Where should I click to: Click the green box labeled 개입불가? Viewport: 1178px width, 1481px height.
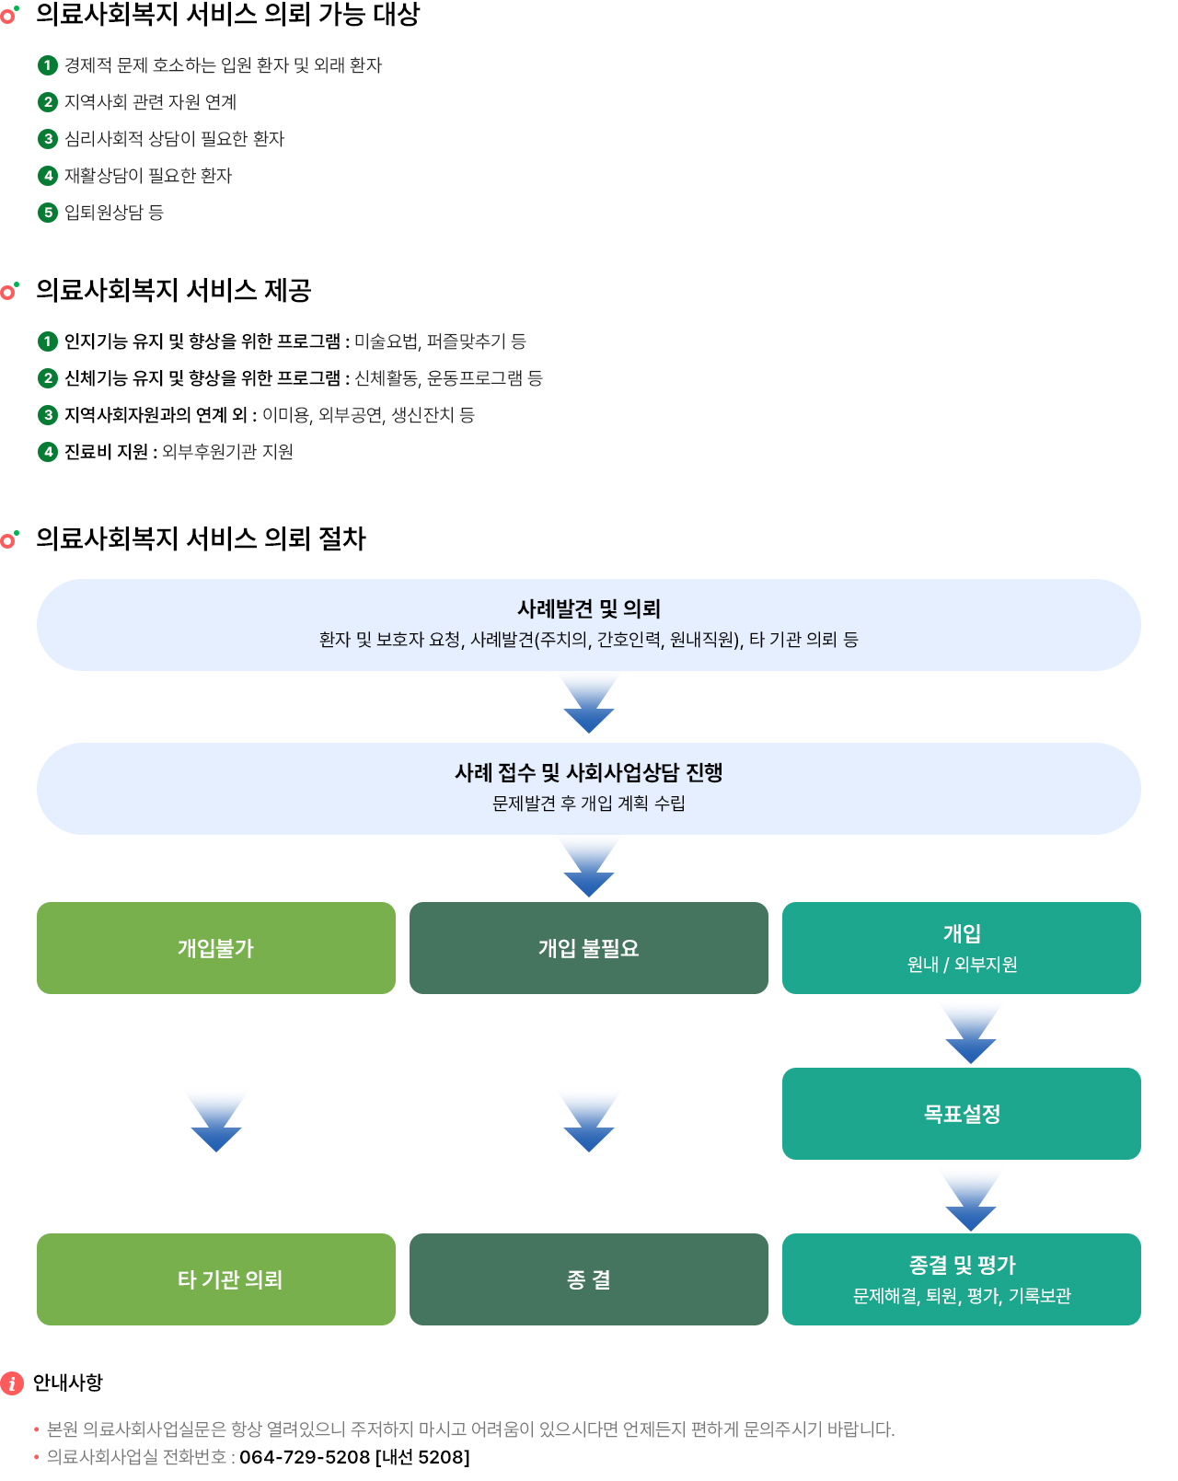(215, 948)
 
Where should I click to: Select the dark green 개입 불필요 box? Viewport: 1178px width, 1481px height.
(588, 948)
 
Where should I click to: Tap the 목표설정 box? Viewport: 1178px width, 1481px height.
(961, 1114)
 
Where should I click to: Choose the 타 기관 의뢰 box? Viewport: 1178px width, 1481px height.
(215, 1279)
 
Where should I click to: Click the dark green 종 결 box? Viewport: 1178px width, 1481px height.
(588, 1279)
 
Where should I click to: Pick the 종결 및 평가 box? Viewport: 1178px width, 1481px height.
(961, 1279)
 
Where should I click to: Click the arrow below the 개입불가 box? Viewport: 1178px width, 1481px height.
(215, 1125)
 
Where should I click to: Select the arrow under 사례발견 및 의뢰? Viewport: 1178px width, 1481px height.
(588, 705)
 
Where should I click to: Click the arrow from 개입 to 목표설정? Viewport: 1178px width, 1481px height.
(970, 1036)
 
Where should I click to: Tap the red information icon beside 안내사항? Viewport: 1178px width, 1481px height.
(12, 1383)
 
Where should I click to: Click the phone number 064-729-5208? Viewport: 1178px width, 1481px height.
(304, 1457)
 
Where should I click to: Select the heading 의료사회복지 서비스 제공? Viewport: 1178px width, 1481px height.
(173, 290)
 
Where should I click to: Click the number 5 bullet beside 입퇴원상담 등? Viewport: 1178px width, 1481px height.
(48, 213)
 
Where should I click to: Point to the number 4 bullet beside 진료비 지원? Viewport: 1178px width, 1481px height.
(48, 452)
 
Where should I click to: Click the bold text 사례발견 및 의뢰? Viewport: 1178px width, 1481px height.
(588, 608)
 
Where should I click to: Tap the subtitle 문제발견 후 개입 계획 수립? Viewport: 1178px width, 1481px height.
(588, 804)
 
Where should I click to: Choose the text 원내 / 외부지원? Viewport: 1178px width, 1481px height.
(962, 965)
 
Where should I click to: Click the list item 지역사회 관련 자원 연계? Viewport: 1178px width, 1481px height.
(150, 102)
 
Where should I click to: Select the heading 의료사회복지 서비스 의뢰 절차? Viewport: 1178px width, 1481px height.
(201, 538)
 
